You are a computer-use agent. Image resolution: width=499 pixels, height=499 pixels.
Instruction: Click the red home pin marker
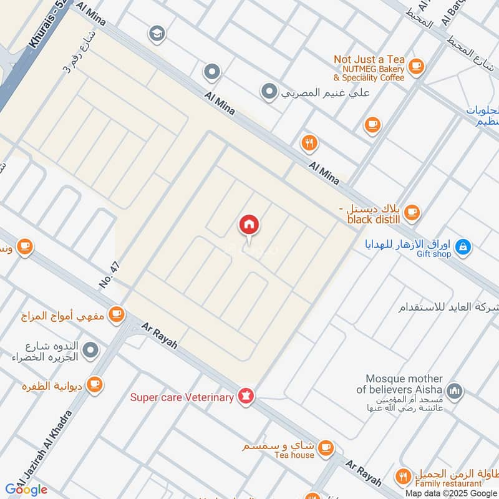[249, 225]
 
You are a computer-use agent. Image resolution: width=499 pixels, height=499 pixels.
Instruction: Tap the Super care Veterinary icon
[246, 397]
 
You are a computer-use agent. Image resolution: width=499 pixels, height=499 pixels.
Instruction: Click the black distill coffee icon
[412, 212]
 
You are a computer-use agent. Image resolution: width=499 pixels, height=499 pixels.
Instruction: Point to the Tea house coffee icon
[325, 447]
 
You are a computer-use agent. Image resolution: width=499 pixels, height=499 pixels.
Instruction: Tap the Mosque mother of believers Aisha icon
[455, 391]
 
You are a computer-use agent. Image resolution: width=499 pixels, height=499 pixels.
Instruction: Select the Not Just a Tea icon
[415, 65]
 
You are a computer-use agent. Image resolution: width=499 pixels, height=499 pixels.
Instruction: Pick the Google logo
[27, 490]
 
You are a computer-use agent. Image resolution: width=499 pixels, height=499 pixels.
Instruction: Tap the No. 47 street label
[109, 274]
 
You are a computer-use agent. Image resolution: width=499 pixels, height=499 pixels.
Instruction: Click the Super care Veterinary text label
[182, 397]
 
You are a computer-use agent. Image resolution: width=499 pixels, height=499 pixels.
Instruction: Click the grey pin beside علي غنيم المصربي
[269, 92]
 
